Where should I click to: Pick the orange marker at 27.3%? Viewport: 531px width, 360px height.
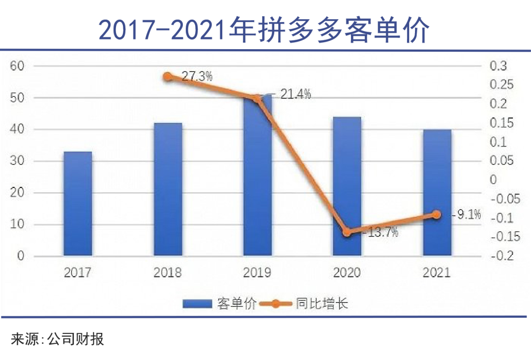coord(168,77)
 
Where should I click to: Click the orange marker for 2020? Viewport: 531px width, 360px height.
coord(347,232)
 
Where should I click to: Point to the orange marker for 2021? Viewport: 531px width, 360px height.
coord(437,214)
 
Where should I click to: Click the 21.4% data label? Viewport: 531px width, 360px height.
coord(295,94)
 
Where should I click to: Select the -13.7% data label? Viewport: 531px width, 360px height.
coord(380,233)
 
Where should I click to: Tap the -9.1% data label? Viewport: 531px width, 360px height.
coord(466,214)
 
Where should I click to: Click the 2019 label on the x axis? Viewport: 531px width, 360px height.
coord(257,272)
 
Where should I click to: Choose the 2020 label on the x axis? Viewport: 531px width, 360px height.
coord(347,272)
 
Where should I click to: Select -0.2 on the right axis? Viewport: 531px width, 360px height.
coord(502,256)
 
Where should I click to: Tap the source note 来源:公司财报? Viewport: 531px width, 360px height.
coord(58,339)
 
